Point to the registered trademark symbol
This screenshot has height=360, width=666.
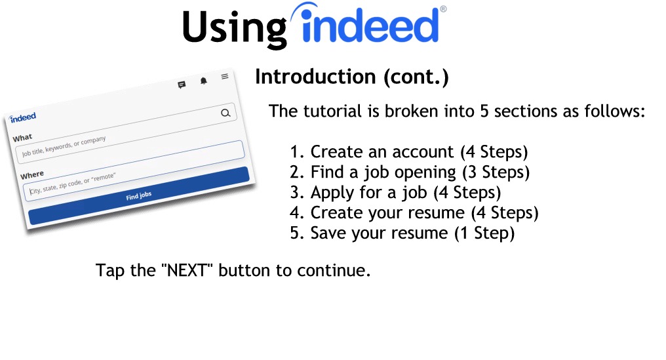(443, 9)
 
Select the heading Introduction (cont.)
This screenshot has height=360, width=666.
(352, 77)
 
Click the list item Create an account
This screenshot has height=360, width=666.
(408, 151)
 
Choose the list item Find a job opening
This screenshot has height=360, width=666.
(410, 172)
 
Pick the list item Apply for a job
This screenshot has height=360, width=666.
(395, 193)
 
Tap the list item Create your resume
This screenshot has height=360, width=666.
(414, 212)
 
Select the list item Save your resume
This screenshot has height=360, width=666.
(402, 233)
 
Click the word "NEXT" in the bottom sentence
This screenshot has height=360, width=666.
(186, 270)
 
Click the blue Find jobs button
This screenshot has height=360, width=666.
(138, 196)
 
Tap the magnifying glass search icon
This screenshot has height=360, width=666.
(225, 113)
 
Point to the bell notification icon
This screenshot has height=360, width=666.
(203, 81)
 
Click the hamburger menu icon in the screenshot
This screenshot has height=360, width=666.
(225, 77)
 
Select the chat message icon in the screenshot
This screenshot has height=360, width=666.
(182, 85)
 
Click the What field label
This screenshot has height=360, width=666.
(22, 138)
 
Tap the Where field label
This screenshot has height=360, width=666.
(32, 174)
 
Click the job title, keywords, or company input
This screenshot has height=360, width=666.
(130, 152)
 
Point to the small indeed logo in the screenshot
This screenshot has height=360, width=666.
(23, 117)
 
